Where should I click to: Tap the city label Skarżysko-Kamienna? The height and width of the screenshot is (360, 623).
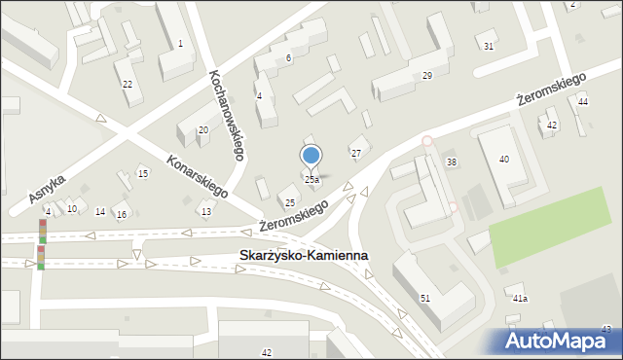point(304,256)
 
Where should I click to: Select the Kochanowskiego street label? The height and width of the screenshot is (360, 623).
point(225,116)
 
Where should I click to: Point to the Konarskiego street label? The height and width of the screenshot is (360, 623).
point(197,176)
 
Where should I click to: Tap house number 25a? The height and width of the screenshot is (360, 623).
point(311,180)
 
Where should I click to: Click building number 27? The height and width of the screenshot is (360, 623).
point(356,154)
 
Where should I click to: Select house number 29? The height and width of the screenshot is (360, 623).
point(427,76)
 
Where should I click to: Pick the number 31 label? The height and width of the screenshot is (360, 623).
point(488,47)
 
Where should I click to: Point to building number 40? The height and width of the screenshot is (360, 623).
point(503,159)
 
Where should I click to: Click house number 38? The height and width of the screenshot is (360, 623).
point(451,162)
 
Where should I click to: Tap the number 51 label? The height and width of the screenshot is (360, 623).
point(424,298)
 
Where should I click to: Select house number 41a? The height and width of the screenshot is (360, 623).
point(520,299)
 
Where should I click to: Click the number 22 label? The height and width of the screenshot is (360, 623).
point(127,85)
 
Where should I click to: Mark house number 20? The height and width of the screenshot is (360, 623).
point(202,130)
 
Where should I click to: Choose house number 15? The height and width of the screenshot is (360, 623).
point(143,174)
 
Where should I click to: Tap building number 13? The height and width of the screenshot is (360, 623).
point(205,212)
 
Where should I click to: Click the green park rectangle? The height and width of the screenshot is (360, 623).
point(555,227)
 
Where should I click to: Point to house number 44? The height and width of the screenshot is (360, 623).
point(582,102)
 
